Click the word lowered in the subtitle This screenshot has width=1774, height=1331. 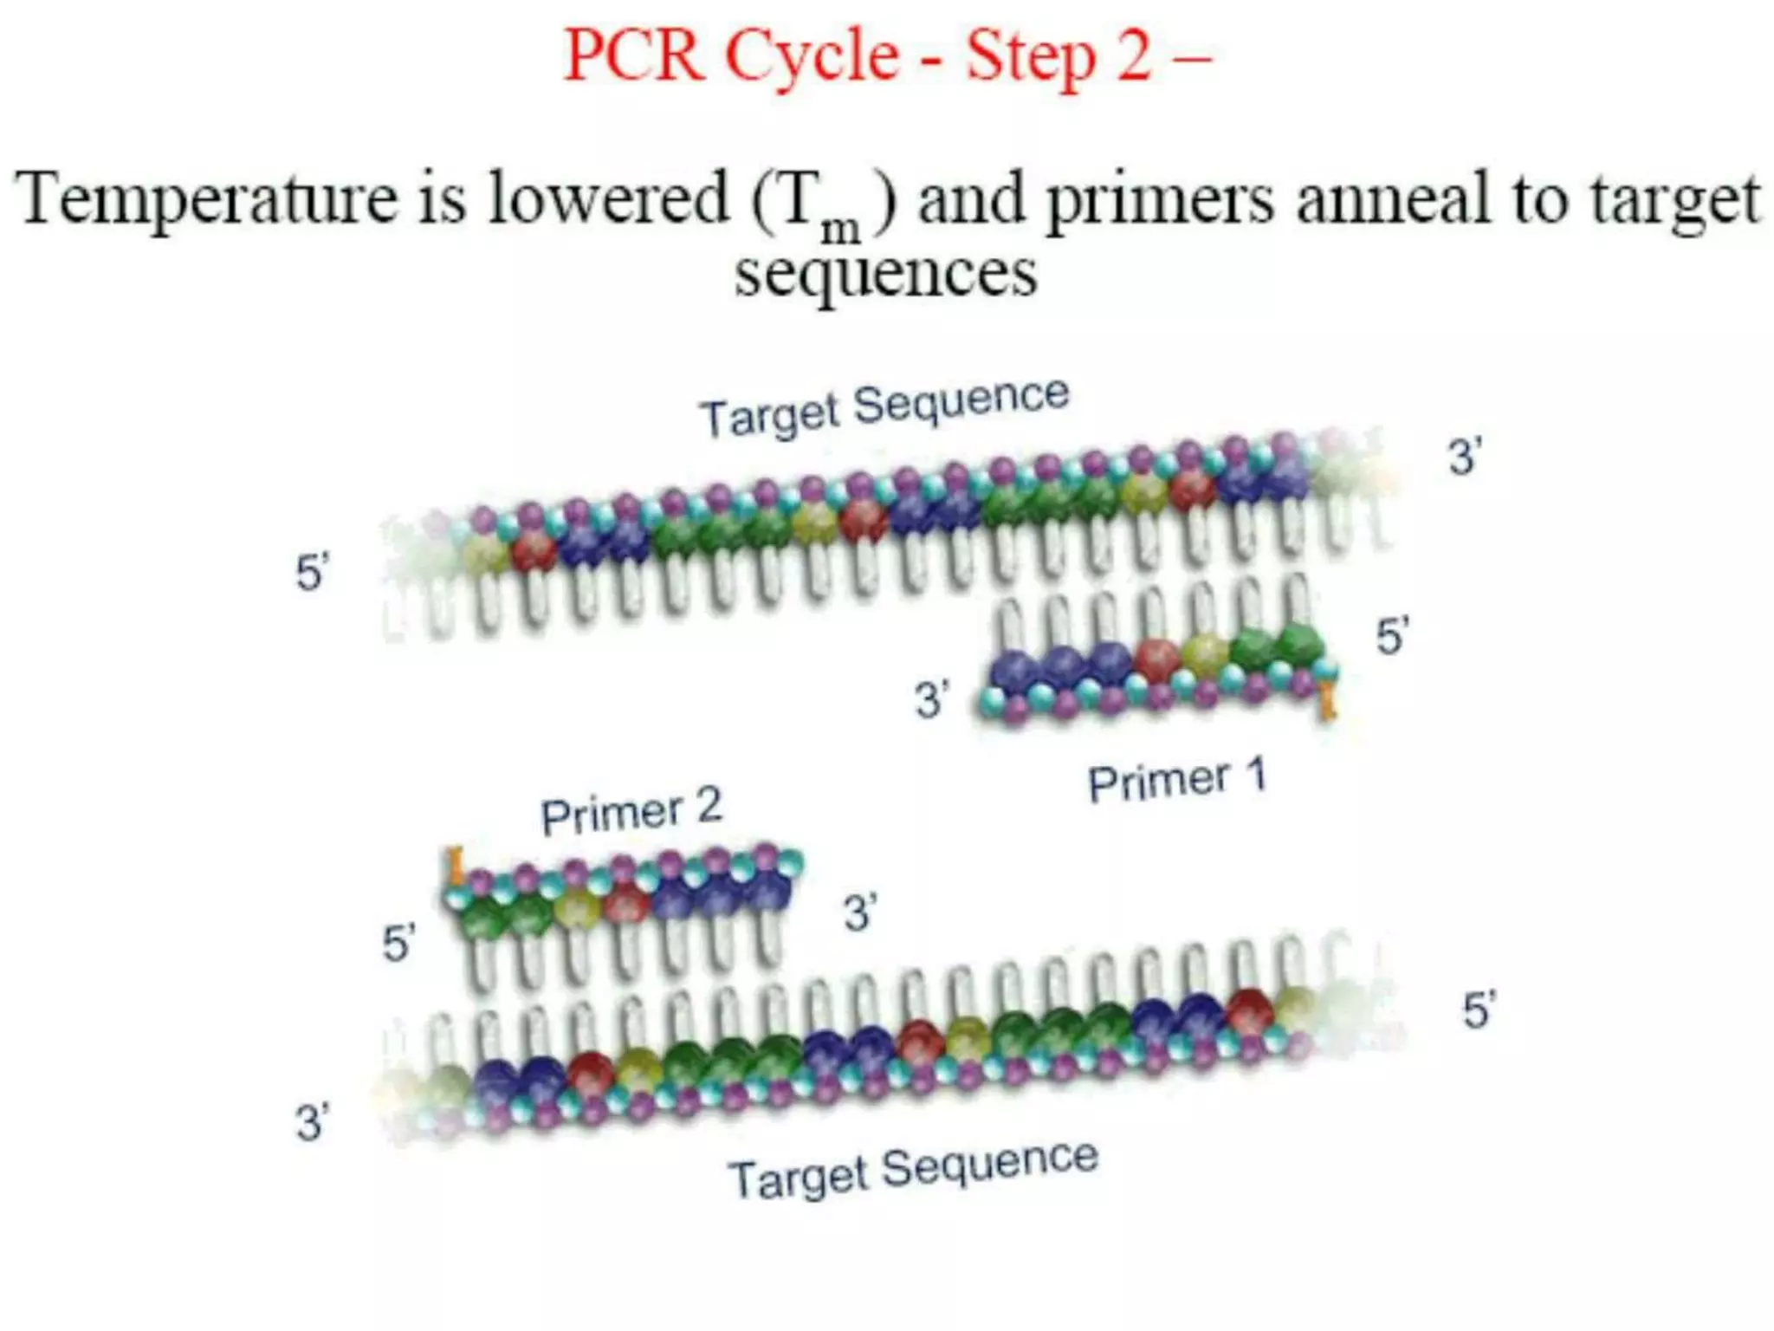pos(609,199)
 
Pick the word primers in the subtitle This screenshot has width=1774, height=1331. pos(1161,201)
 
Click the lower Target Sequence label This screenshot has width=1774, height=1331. pos(913,1168)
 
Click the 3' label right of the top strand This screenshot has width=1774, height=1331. pos(1465,457)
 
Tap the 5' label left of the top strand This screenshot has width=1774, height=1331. pos(312,573)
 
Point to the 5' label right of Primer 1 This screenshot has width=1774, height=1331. pos(1393,636)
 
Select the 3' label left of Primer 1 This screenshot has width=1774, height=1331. pos(932,699)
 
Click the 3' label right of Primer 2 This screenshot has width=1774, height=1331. pos(860,913)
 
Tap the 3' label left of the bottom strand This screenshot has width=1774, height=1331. pos(312,1123)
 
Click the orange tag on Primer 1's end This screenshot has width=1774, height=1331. pos(1325,702)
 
